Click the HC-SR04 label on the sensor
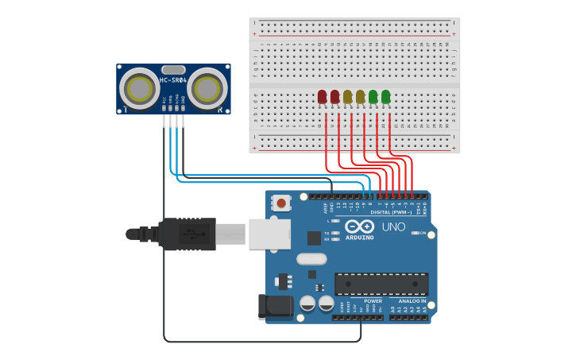point(172,79)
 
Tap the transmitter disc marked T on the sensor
point(139,88)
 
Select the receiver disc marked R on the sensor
point(207,88)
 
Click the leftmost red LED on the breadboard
point(322,97)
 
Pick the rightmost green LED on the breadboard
point(385,97)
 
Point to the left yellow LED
point(347,97)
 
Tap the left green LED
point(373,97)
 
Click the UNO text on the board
point(393,227)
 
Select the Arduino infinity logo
point(359,226)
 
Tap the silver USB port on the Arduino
point(269,234)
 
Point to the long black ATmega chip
point(381,284)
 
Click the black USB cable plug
point(187,234)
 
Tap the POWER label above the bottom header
point(373,301)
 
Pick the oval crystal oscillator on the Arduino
point(311,258)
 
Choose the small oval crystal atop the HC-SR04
point(173,69)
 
